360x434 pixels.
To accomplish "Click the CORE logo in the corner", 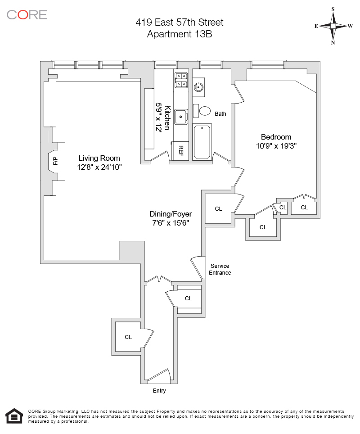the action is click(27, 14).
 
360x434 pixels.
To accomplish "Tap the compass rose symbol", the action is click(333, 26).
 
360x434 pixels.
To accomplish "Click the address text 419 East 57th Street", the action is click(180, 22).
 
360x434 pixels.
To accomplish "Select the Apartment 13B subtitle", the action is click(180, 34).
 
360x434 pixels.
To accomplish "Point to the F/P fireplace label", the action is click(55, 161).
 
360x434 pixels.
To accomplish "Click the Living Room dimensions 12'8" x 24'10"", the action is click(99, 167).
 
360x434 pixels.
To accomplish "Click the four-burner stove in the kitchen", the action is click(181, 80).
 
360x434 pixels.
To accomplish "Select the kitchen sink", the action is click(181, 117).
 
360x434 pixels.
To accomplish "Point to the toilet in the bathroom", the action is click(203, 110).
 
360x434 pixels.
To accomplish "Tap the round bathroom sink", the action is click(198, 86).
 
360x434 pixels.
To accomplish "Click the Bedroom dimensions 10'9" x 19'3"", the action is click(276, 146).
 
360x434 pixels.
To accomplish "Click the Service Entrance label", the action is click(220, 269).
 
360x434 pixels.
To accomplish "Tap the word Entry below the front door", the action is click(159, 391).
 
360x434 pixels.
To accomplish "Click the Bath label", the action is click(220, 113).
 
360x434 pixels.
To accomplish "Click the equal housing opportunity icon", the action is click(14, 417).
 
